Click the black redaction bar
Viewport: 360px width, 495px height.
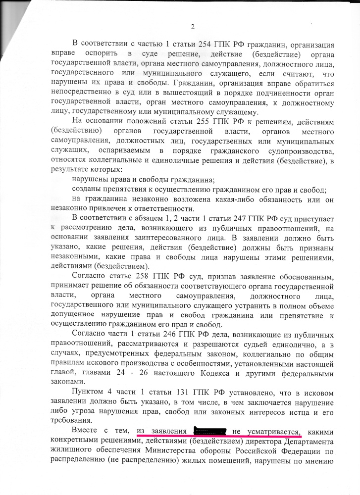click(x=211, y=431)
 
